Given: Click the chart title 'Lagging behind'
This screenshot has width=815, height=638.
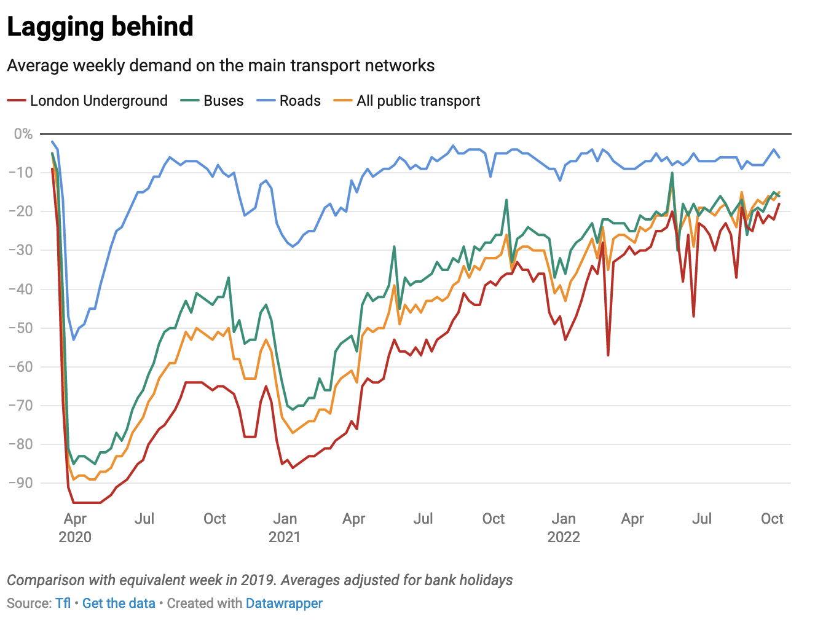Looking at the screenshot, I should pos(100,27).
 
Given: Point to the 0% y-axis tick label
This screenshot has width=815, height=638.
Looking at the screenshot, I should pos(23,134).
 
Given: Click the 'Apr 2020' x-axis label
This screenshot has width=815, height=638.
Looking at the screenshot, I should pos(75,527).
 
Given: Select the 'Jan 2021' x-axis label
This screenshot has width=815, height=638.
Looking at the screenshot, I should pos(285,527).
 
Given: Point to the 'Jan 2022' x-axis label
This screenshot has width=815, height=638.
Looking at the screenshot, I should pos(564,527).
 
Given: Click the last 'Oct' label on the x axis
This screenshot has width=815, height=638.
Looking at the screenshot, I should pos(772,519).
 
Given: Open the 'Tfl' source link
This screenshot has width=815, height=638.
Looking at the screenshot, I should pos(63,603).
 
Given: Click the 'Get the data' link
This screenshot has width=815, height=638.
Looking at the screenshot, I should pos(119,603).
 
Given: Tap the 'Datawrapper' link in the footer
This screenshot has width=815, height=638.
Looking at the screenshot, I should pos(284,603).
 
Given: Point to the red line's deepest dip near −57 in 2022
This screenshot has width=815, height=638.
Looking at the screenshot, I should pos(608,355).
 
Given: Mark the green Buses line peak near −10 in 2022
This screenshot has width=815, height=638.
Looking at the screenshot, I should pos(672,173).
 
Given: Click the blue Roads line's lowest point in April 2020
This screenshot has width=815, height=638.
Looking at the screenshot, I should pos(74,339).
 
